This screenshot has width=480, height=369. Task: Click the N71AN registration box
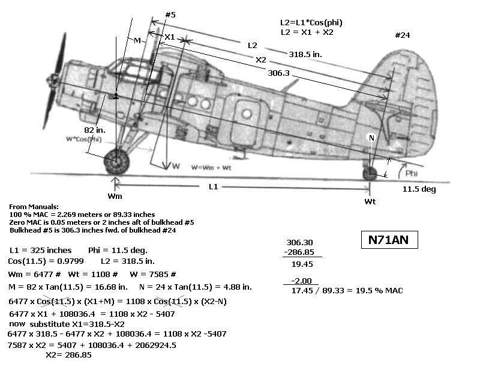click(389, 240)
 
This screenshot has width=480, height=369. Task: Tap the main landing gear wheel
click(116, 162)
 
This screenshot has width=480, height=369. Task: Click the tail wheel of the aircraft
click(370, 174)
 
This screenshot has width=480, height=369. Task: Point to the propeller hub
click(55, 79)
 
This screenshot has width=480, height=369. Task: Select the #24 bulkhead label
click(402, 35)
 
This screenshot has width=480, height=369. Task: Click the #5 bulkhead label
click(170, 14)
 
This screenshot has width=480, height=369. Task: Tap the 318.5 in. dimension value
click(305, 54)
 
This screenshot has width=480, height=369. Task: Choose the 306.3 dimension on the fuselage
click(278, 73)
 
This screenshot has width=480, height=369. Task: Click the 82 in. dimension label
click(95, 130)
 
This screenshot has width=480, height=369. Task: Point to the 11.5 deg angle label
click(419, 189)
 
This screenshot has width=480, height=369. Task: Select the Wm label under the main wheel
click(115, 196)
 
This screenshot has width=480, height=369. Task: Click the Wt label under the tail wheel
click(370, 201)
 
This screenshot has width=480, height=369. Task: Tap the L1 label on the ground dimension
click(213, 186)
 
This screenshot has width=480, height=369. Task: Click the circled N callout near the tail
click(371, 138)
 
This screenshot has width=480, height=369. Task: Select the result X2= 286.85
click(68, 355)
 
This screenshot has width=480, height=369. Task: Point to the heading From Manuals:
click(34, 206)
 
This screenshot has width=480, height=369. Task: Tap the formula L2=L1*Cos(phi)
click(311, 23)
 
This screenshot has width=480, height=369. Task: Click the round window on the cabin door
click(247, 114)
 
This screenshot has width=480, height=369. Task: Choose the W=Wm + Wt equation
click(211, 168)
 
